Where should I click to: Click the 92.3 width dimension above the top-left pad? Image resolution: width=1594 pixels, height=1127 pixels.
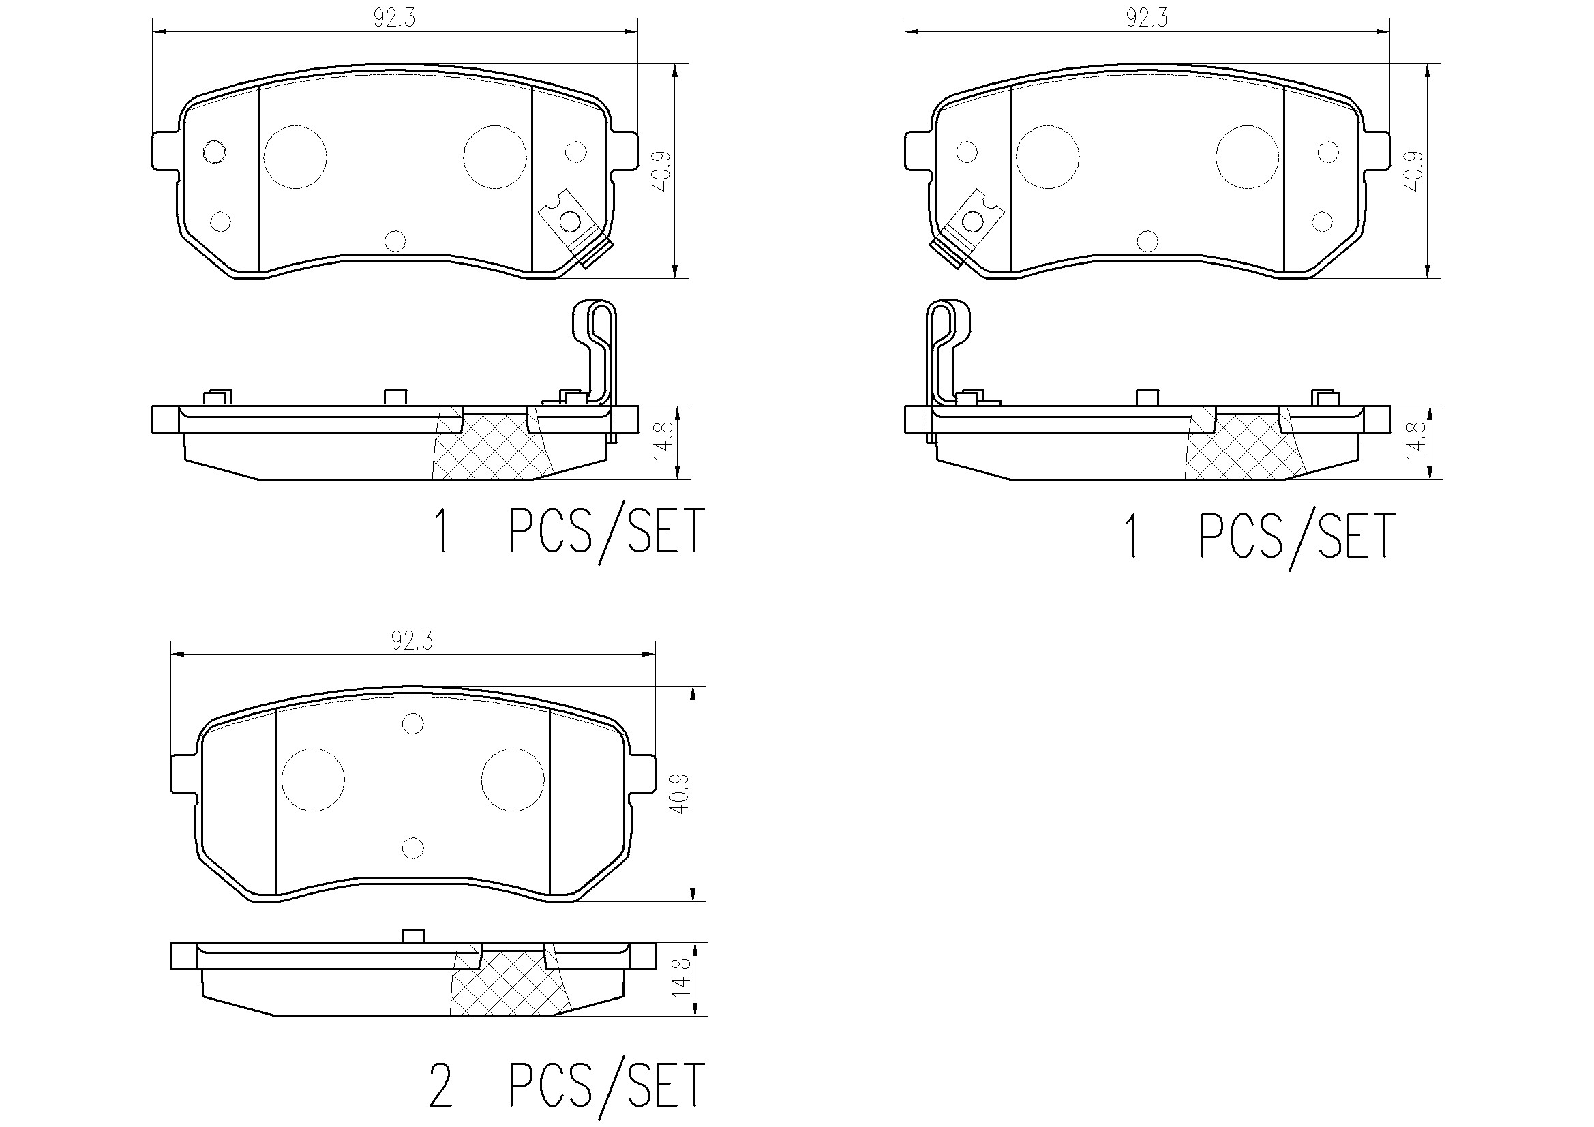(393, 18)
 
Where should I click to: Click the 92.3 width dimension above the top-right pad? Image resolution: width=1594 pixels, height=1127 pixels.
(1146, 18)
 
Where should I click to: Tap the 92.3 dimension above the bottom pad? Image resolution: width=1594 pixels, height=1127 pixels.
(412, 641)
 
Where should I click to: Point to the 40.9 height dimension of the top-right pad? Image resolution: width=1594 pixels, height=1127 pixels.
(1414, 171)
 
